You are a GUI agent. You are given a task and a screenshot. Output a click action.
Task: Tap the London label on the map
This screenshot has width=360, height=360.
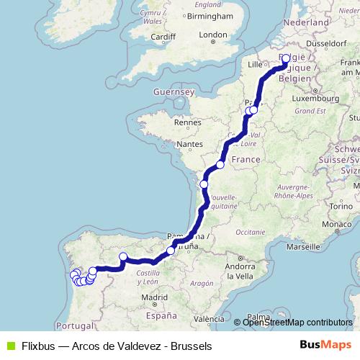[212, 35]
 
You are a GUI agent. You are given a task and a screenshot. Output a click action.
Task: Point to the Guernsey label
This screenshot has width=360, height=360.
[174, 92]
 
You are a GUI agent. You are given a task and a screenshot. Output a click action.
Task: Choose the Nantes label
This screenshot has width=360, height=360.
[190, 144]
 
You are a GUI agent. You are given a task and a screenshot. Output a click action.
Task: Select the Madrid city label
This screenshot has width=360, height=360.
[155, 297]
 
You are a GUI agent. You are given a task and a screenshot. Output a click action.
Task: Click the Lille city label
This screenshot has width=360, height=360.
[256, 64]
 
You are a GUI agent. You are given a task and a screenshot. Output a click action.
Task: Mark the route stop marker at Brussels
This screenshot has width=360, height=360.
[286, 59]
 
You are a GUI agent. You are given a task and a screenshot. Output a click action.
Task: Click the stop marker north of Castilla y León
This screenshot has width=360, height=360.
[123, 257]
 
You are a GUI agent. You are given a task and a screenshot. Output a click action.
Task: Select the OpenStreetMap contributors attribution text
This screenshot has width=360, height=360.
[297, 322]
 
